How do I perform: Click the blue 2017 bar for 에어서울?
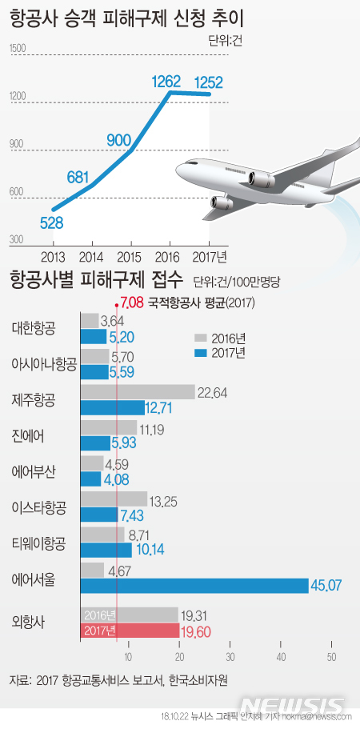point(194,586)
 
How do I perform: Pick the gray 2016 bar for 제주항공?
point(138,391)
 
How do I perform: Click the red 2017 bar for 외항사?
point(130,631)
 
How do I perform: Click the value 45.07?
point(326,586)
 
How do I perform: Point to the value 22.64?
point(213,391)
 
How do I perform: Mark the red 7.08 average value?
point(132,302)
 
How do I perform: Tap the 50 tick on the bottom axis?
point(330,657)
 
